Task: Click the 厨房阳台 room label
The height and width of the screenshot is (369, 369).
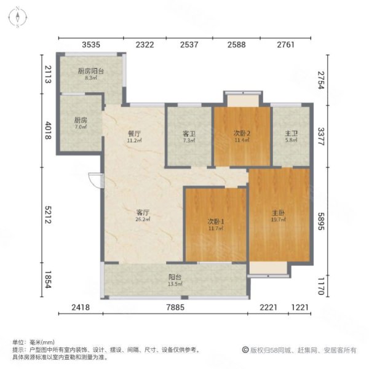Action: [90, 74]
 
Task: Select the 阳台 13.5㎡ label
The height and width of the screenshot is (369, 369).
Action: [175, 280]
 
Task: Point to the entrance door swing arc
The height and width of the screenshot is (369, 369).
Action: [94, 181]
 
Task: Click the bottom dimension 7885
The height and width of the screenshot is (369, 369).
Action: [175, 307]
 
